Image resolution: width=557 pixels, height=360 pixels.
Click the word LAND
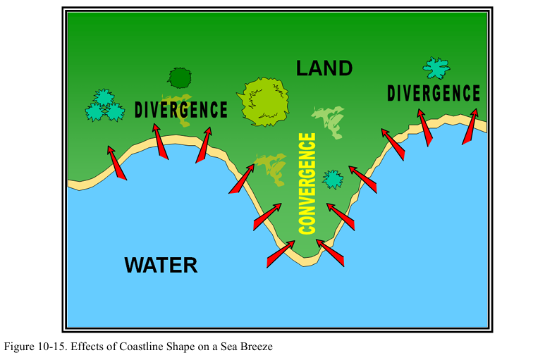click(324, 68)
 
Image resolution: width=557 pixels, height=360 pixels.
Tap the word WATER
click(161, 266)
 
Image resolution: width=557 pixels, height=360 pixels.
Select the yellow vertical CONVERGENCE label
click(307, 183)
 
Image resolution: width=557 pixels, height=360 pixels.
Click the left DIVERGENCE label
click(181, 110)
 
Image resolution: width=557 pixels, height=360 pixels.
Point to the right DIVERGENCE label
click(434, 93)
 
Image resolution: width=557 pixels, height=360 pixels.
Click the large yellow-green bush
click(264, 101)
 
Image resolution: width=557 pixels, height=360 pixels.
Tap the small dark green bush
click(180, 77)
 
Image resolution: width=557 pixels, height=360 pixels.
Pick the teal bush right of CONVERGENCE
click(333, 178)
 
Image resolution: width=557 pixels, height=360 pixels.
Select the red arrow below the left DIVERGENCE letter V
click(160, 140)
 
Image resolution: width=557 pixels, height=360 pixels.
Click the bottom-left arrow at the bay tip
click(281, 254)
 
